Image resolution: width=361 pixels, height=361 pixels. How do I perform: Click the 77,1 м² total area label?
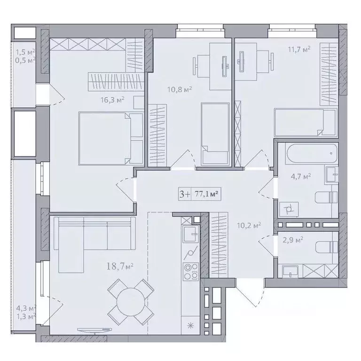(206, 194)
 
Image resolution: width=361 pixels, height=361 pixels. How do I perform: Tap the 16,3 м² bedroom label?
(112, 100)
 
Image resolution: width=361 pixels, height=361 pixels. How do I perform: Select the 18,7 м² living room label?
(120, 267)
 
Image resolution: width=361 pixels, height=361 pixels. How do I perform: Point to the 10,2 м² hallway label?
(249, 225)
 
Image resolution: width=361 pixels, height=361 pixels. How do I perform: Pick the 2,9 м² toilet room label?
(293, 240)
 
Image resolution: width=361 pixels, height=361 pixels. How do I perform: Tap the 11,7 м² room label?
(299, 49)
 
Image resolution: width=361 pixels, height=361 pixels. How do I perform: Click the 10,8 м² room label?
(180, 89)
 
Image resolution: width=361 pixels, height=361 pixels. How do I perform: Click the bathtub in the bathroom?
(311, 153)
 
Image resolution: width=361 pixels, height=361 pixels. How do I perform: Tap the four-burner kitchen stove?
(191, 272)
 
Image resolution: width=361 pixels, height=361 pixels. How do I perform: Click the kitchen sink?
(191, 234)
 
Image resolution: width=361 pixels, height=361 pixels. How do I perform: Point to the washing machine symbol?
(289, 210)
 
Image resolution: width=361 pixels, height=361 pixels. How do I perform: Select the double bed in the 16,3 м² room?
(111, 139)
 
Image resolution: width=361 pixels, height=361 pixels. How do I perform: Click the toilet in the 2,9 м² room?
(327, 247)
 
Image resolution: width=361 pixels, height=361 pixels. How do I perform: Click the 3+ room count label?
(185, 194)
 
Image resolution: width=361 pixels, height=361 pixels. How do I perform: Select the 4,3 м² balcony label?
(26, 308)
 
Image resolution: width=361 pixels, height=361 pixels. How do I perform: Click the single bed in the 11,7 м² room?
(305, 123)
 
